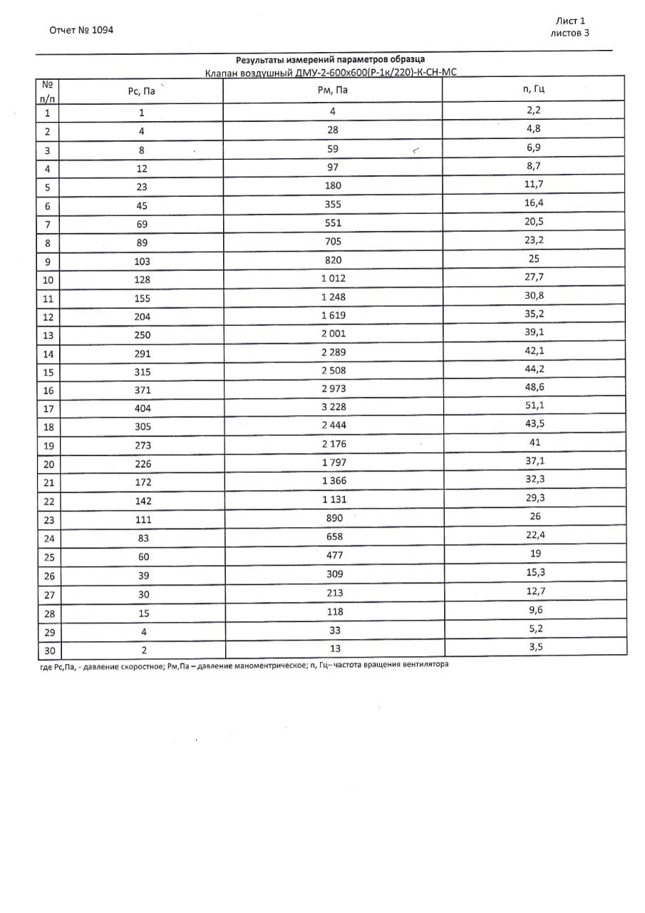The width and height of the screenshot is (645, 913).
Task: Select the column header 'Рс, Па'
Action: click(x=141, y=91)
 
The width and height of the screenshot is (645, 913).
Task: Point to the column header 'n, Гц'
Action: click(x=534, y=89)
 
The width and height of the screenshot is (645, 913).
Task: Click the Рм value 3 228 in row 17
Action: click(x=333, y=408)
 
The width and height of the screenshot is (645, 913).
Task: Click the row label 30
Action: click(x=47, y=651)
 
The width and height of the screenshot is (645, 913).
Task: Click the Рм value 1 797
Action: click(x=333, y=464)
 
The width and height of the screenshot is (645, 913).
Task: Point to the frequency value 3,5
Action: click(x=534, y=647)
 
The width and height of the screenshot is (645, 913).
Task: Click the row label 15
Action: click(x=47, y=372)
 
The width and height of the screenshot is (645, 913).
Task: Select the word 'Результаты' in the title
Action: click(x=259, y=60)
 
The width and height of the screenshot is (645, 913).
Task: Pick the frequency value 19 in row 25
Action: click(x=534, y=554)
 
